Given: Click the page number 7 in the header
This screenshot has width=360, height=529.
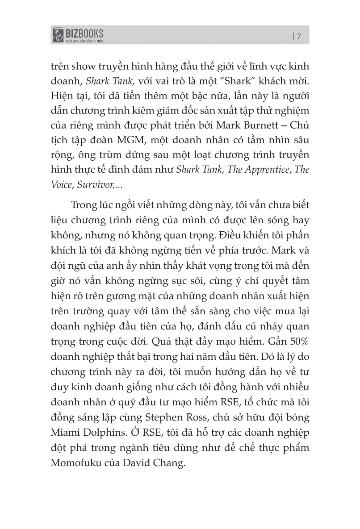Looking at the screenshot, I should coord(299,37).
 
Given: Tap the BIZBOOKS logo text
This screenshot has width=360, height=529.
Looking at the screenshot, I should coord(84,33).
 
